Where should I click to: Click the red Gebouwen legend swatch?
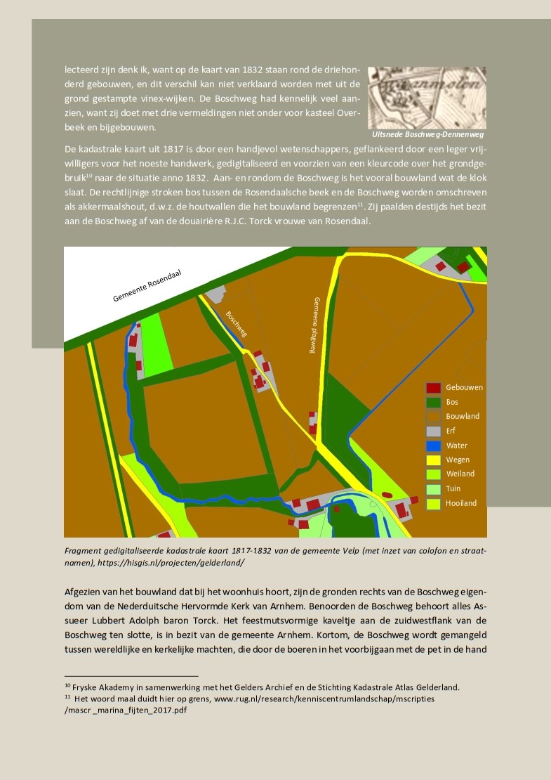(434, 387)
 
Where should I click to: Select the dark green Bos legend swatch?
(434, 402)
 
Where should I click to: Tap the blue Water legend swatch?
(434, 446)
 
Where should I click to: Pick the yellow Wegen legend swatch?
(434, 460)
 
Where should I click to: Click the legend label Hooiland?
(461, 503)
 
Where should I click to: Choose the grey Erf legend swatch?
(434, 431)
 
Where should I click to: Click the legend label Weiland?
(460, 474)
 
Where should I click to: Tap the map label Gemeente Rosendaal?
(147, 286)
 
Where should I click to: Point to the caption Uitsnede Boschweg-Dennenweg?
(427, 134)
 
